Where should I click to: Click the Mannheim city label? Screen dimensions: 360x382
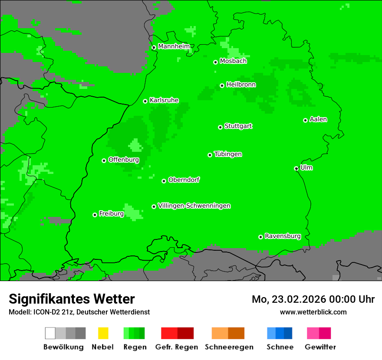click(174, 46)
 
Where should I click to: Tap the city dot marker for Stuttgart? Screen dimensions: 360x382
click(220, 127)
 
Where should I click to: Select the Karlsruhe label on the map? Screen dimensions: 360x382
click(164, 100)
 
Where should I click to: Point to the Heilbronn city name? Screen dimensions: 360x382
click(241, 85)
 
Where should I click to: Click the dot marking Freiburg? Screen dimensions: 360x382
click(95, 215)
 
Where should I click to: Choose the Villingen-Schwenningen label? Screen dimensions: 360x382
click(194, 206)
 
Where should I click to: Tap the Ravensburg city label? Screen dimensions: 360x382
click(283, 236)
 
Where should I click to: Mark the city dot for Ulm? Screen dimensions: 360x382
click(296, 168)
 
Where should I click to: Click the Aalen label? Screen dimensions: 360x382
click(318, 119)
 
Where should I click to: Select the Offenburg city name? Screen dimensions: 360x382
click(124, 160)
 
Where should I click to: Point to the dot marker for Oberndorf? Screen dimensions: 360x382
click(164, 181)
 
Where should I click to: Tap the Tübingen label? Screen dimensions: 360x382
click(228, 154)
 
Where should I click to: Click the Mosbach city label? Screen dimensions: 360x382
click(233, 61)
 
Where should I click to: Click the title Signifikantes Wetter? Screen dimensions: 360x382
click(72, 299)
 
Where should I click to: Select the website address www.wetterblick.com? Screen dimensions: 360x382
click(313, 312)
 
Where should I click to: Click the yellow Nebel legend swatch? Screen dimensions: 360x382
click(103, 333)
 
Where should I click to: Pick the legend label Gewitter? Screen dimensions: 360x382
click(320, 347)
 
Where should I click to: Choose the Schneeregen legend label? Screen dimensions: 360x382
click(229, 347)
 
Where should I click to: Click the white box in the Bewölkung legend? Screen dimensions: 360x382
click(50, 333)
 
